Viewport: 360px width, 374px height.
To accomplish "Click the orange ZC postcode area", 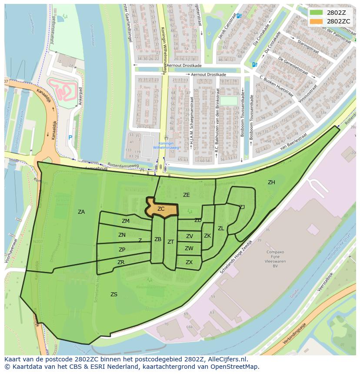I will (x=161, y=209).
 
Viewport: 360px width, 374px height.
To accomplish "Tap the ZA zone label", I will (x=81, y=212).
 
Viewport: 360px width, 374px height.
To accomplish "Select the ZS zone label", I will (x=114, y=295).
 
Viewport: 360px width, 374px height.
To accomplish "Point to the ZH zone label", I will (x=271, y=182).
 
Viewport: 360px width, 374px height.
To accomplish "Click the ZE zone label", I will (x=187, y=195).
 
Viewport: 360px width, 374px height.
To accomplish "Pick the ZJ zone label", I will (x=242, y=207).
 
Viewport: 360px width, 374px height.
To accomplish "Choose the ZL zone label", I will (x=221, y=228).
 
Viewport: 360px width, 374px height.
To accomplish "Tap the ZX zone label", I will (x=189, y=262).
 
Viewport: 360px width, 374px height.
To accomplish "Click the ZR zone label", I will (x=121, y=262).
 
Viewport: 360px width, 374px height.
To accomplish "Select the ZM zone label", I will (x=126, y=221).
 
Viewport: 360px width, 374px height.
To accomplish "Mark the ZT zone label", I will (x=171, y=242).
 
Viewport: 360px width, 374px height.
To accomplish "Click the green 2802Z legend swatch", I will (x=316, y=12).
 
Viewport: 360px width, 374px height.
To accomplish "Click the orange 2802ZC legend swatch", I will (x=316, y=21).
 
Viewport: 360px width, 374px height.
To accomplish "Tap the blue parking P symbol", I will (x=70, y=138).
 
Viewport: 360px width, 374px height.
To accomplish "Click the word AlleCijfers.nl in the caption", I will (x=226, y=360).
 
